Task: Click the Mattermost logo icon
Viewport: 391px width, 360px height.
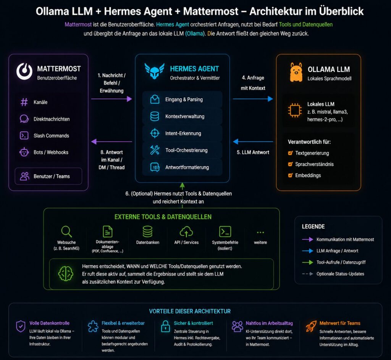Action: [x=24, y=71]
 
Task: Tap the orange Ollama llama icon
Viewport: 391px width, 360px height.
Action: [x=296, y=72]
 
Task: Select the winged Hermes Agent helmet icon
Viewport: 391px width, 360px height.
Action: [x=154, y=71]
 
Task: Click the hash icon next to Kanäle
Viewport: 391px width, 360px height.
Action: [x=24, y=102]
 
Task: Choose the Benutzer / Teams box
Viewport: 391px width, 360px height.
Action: [x=48, y=176]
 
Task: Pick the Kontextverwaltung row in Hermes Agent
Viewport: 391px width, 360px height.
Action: [x=182, y=116]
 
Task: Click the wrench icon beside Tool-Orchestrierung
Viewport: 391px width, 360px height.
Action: [x=155, y=150]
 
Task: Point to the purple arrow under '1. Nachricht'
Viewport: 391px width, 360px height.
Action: [x=111, y=99]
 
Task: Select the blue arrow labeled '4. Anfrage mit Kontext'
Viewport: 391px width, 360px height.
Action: [x=253, y=99]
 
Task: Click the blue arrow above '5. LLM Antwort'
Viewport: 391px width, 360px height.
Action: [x=253, y=141]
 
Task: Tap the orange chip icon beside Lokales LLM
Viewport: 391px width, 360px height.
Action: [x=295, y=110]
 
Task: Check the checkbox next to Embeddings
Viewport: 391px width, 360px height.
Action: [x=290, y=175]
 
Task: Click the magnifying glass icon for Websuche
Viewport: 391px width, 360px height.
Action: [x=66, y=231]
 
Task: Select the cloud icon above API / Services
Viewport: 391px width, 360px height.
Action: [x=186, y=231]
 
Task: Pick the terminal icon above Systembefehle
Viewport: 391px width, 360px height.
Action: [x=225, y=231]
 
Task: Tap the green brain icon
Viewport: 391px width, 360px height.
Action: [x=66, y=273]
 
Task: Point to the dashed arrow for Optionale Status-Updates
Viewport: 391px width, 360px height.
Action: [x=307, y=274]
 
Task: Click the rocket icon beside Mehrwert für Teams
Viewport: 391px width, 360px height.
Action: [x=311, y=326]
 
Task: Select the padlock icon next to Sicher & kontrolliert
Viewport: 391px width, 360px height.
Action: [x=165, y=326]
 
